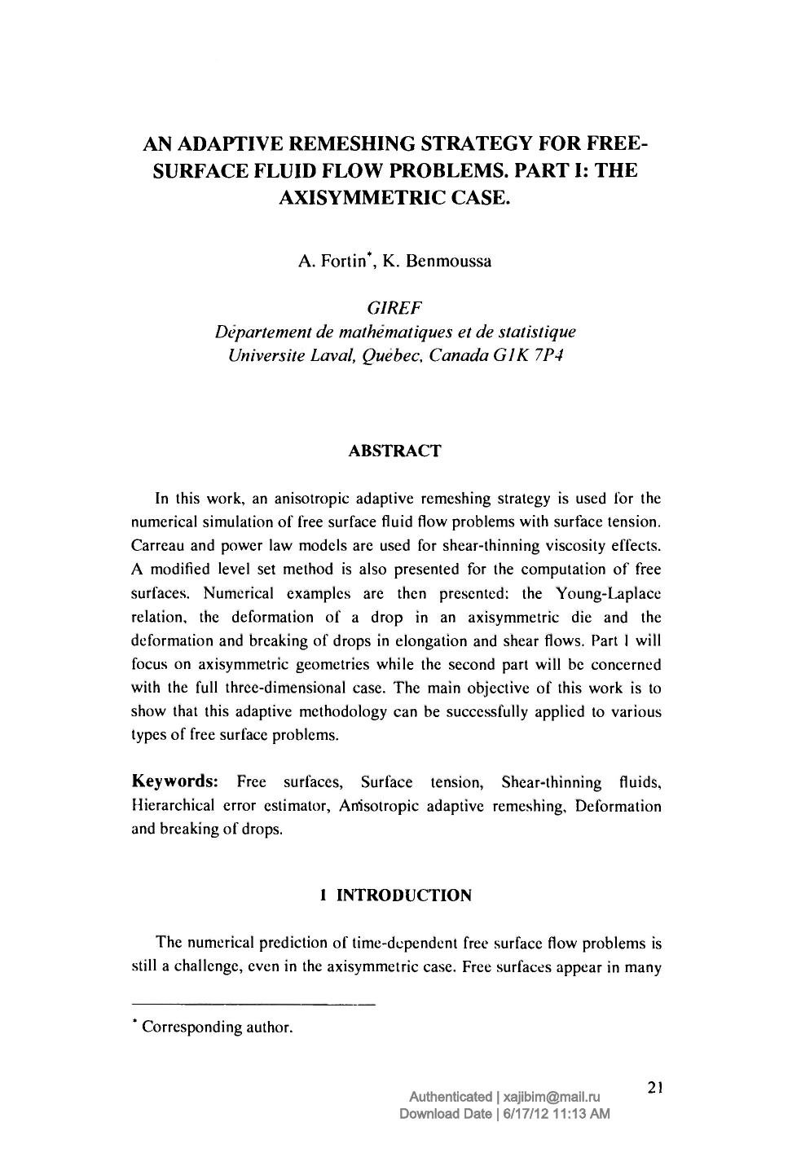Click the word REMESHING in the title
[x=346, y=145]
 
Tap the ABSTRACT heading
[x=394, y=451]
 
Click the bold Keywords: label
[x=174, y=782]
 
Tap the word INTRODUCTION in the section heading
[x=404, y=896]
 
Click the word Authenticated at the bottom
[x=450, y=1097]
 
